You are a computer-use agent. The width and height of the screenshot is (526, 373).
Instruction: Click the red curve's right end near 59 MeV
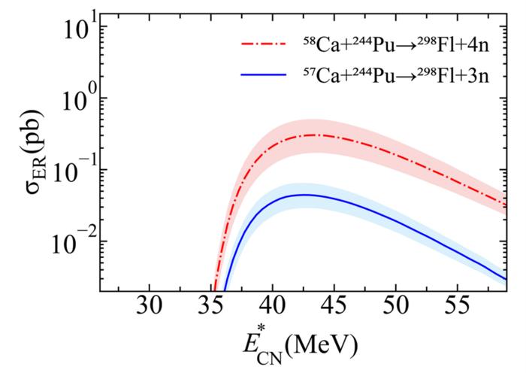point(504,204)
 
